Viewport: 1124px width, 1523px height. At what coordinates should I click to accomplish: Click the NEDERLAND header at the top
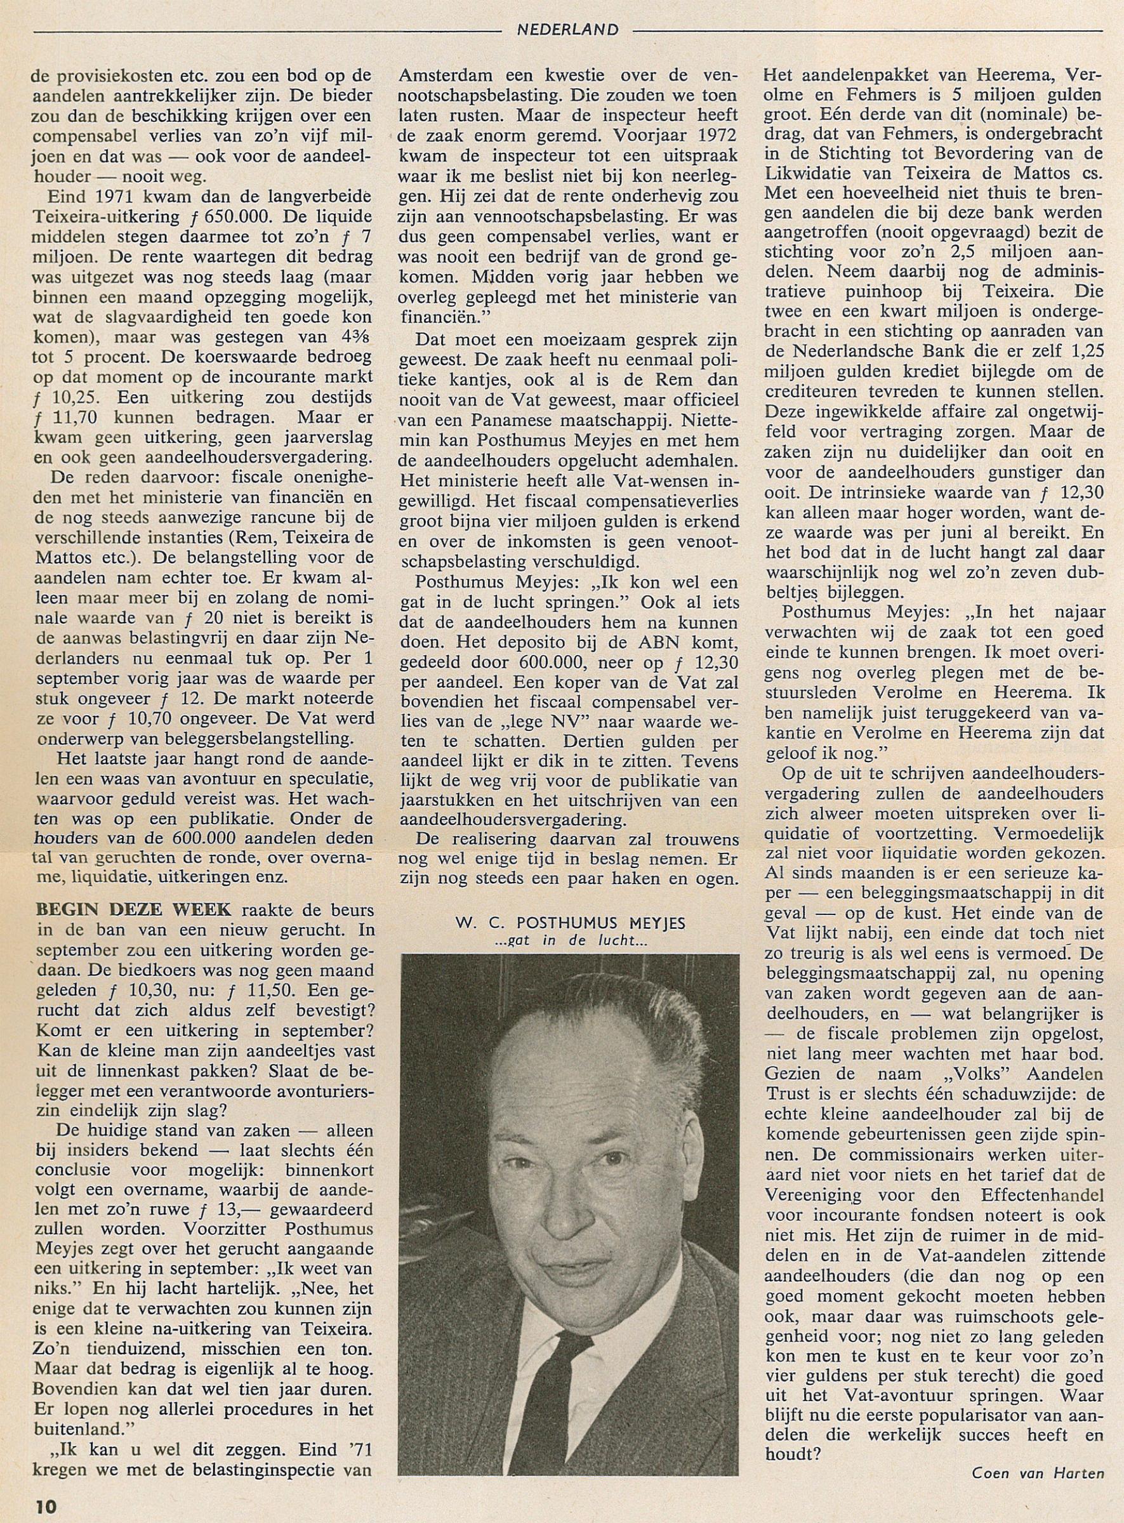tap(567, 29)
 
